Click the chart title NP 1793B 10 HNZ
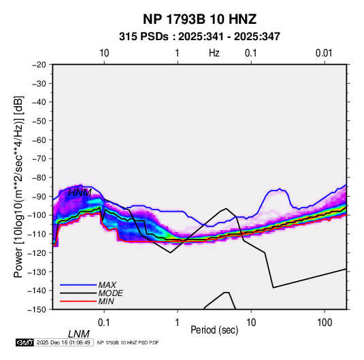pos(199,19)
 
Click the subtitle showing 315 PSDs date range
pos(199,37)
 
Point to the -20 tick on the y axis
pos(39,65)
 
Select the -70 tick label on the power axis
pos(39,159)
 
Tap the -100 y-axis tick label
pos(37,215)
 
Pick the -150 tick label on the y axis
pos(37,310)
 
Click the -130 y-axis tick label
pos(37,272)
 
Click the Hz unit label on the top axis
pos(214,53)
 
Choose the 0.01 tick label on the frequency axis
pos(324,53)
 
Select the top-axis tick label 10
pos(104,53)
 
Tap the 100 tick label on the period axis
pos(325,323)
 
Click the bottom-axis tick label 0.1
pos(104,323)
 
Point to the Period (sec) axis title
pos(214,330)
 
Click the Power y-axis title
pos(18,186)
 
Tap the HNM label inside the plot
pos(80,193)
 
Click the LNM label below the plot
pos(79,334)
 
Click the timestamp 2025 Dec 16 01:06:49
pos(63,342)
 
